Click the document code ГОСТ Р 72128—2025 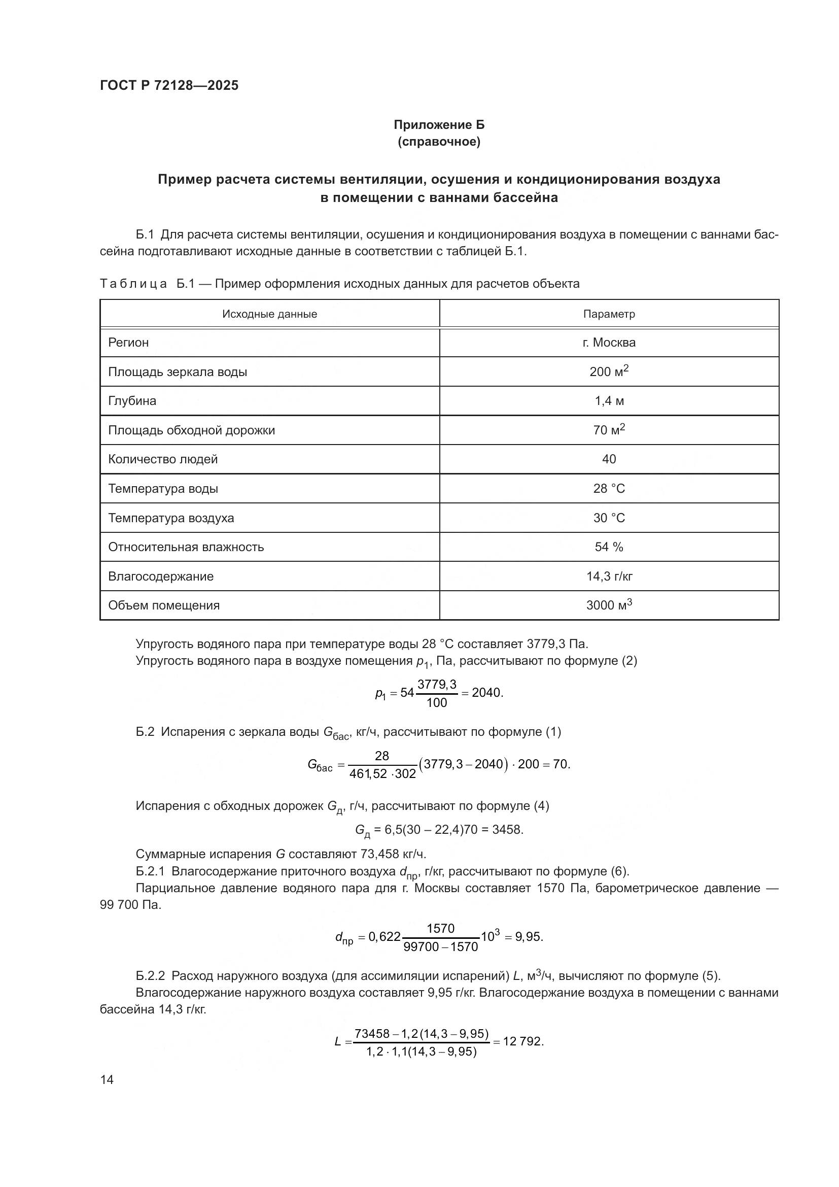click(169, 85)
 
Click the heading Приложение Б click(439, 125)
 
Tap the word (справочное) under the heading click(439, 142)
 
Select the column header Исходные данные click(269, 314)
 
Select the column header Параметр click(609, 314)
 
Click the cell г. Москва click(609, 342)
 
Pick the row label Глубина click(132, 401)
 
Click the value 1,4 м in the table click(609, 401)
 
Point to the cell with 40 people click(609, 459)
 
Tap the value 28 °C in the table click(609, 489)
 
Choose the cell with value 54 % click(609, 547)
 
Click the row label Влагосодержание click(161, 576)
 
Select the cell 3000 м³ click(609, 605)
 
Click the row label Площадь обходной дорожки click(191, 430)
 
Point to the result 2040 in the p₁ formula click(486, 693)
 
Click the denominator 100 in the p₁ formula click(437, 702)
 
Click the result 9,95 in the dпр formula click(528, 937)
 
